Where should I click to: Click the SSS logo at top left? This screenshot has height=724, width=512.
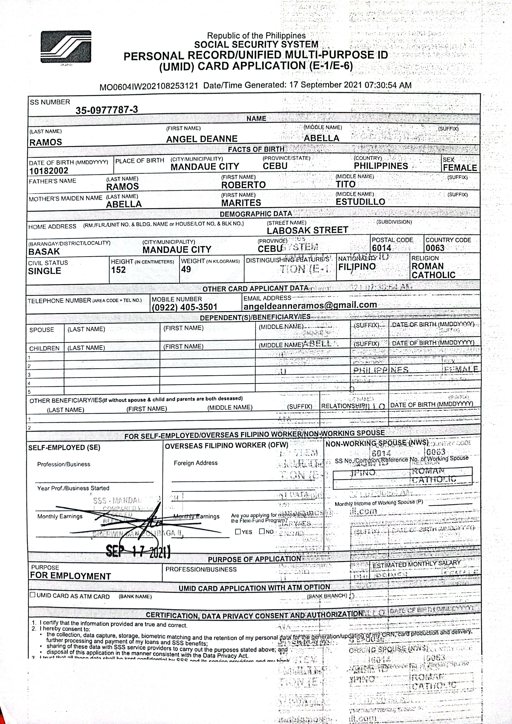point(66,47)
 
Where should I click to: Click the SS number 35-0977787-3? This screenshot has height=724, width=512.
point(107,110)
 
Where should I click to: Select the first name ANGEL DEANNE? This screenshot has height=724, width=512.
point(202,139)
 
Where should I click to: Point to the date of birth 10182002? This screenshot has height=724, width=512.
point(49,171)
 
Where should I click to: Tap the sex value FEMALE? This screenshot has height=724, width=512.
point(460,167)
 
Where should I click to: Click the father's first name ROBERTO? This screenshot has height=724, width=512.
point(243,185)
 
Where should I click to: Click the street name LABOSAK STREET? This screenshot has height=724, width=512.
point(307,230)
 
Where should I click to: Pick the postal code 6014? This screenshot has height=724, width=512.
point(381,248)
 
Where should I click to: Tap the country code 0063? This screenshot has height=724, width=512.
point(435,248)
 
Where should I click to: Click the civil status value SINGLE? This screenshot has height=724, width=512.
point(44,271)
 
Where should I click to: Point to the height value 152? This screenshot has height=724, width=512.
point(118,270)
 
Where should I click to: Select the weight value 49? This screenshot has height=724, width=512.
point(186,269)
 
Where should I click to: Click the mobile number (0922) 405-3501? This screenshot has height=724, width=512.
point(184,307)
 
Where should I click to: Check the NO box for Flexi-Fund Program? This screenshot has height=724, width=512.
point(262,531)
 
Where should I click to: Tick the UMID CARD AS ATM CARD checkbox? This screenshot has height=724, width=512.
point(32,595)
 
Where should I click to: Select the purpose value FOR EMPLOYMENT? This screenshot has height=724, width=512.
point(71,576)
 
